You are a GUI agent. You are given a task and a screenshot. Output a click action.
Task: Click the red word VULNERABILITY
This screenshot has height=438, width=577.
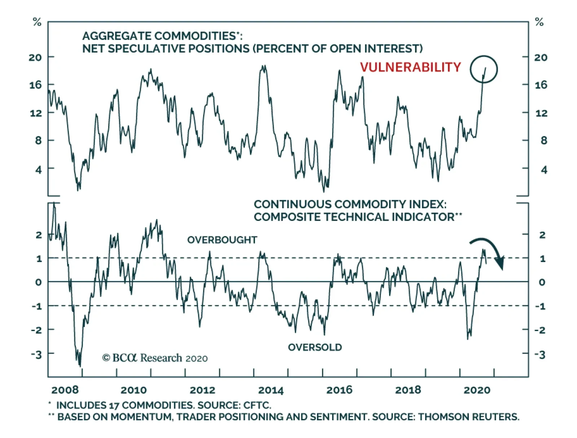pyautogui.click(x=410, y=67)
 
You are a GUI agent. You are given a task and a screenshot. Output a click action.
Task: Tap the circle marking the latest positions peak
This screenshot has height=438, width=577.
pyautogui.click(x=484, y=69)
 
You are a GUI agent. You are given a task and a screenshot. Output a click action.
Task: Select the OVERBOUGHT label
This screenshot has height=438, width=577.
pyautogui.click(x=222, y=240)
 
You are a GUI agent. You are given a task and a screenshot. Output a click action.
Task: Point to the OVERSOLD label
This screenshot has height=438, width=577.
pyautogui.click(x=315, y=347)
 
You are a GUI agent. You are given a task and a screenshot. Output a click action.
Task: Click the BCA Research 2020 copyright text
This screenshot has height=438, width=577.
pyautogui.click(x=155, y=358)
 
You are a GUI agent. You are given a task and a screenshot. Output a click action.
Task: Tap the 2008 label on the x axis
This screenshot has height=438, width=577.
pyautogui.click(x=65, y=390)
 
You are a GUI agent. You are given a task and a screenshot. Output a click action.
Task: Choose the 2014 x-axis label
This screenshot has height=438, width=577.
pyautogui.click(x=271, y=390)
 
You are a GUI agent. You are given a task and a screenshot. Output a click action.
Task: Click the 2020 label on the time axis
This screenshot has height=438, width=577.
pyautogui.click(x=477, y=390)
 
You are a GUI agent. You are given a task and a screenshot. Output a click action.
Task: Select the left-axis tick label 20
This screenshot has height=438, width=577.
pyautogui.click(x=35, y=57)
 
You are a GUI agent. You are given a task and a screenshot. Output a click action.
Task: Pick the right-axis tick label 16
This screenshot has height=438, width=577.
pyautogui.click(x=541, y=85)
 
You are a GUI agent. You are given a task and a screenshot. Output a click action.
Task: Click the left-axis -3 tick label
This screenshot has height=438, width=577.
pyautogui.click(x=36, y=354)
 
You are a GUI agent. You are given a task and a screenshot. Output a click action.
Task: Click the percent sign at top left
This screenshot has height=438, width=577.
pyautogui.click(x=37, y=22)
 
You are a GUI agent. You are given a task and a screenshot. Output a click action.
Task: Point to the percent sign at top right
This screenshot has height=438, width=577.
pyautogui.click(x=539, y=22)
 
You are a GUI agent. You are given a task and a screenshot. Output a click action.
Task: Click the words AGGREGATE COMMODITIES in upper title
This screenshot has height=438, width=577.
pyautogui.click(x=159, y=36)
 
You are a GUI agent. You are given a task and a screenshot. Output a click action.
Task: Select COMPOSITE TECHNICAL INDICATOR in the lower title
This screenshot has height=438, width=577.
pyautogui.click(x=354, y=217)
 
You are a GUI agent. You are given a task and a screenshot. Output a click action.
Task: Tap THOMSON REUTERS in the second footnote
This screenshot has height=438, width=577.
pyautogui.click(x=468, y=417)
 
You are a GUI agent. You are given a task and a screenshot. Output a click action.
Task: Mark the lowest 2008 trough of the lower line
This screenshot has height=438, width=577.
pyautogui.click(x=80, y=365)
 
